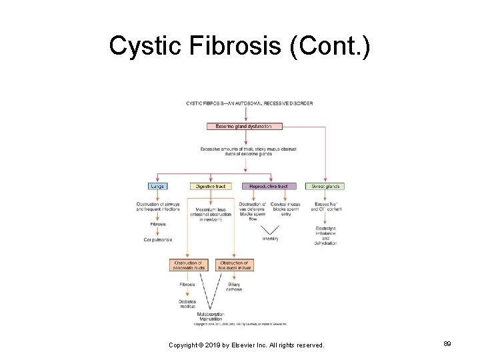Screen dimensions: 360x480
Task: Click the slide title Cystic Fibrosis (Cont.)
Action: (x=239, y=46)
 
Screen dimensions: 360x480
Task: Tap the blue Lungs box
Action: (x=157, y=187)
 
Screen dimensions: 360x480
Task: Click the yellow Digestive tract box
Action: (x=211, y=187)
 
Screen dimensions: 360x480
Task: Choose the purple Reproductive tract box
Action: (x=269, y=187)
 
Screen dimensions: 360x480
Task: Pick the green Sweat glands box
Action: (x=325, y=187)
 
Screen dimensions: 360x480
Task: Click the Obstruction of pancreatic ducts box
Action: (x=188, y=265)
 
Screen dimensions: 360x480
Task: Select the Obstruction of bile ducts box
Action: (x=234, y=265)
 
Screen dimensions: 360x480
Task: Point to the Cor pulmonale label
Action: (x=157, y=239)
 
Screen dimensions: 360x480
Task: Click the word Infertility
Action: (x=270, y=239)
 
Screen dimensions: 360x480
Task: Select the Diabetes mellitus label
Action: (x=187, y=303)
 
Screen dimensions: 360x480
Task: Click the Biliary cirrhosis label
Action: (x=234, y=287)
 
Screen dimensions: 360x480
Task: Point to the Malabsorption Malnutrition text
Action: (x=211, y=316)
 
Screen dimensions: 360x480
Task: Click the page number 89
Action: (x=447, y=344)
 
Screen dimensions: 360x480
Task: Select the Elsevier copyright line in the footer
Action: (x=246, y=345)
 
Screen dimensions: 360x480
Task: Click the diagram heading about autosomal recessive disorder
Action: (x=249, y=103)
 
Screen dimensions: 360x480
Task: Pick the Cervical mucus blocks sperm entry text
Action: (x=285, y=209)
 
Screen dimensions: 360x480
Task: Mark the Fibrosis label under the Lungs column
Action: (x=157, y=224)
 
